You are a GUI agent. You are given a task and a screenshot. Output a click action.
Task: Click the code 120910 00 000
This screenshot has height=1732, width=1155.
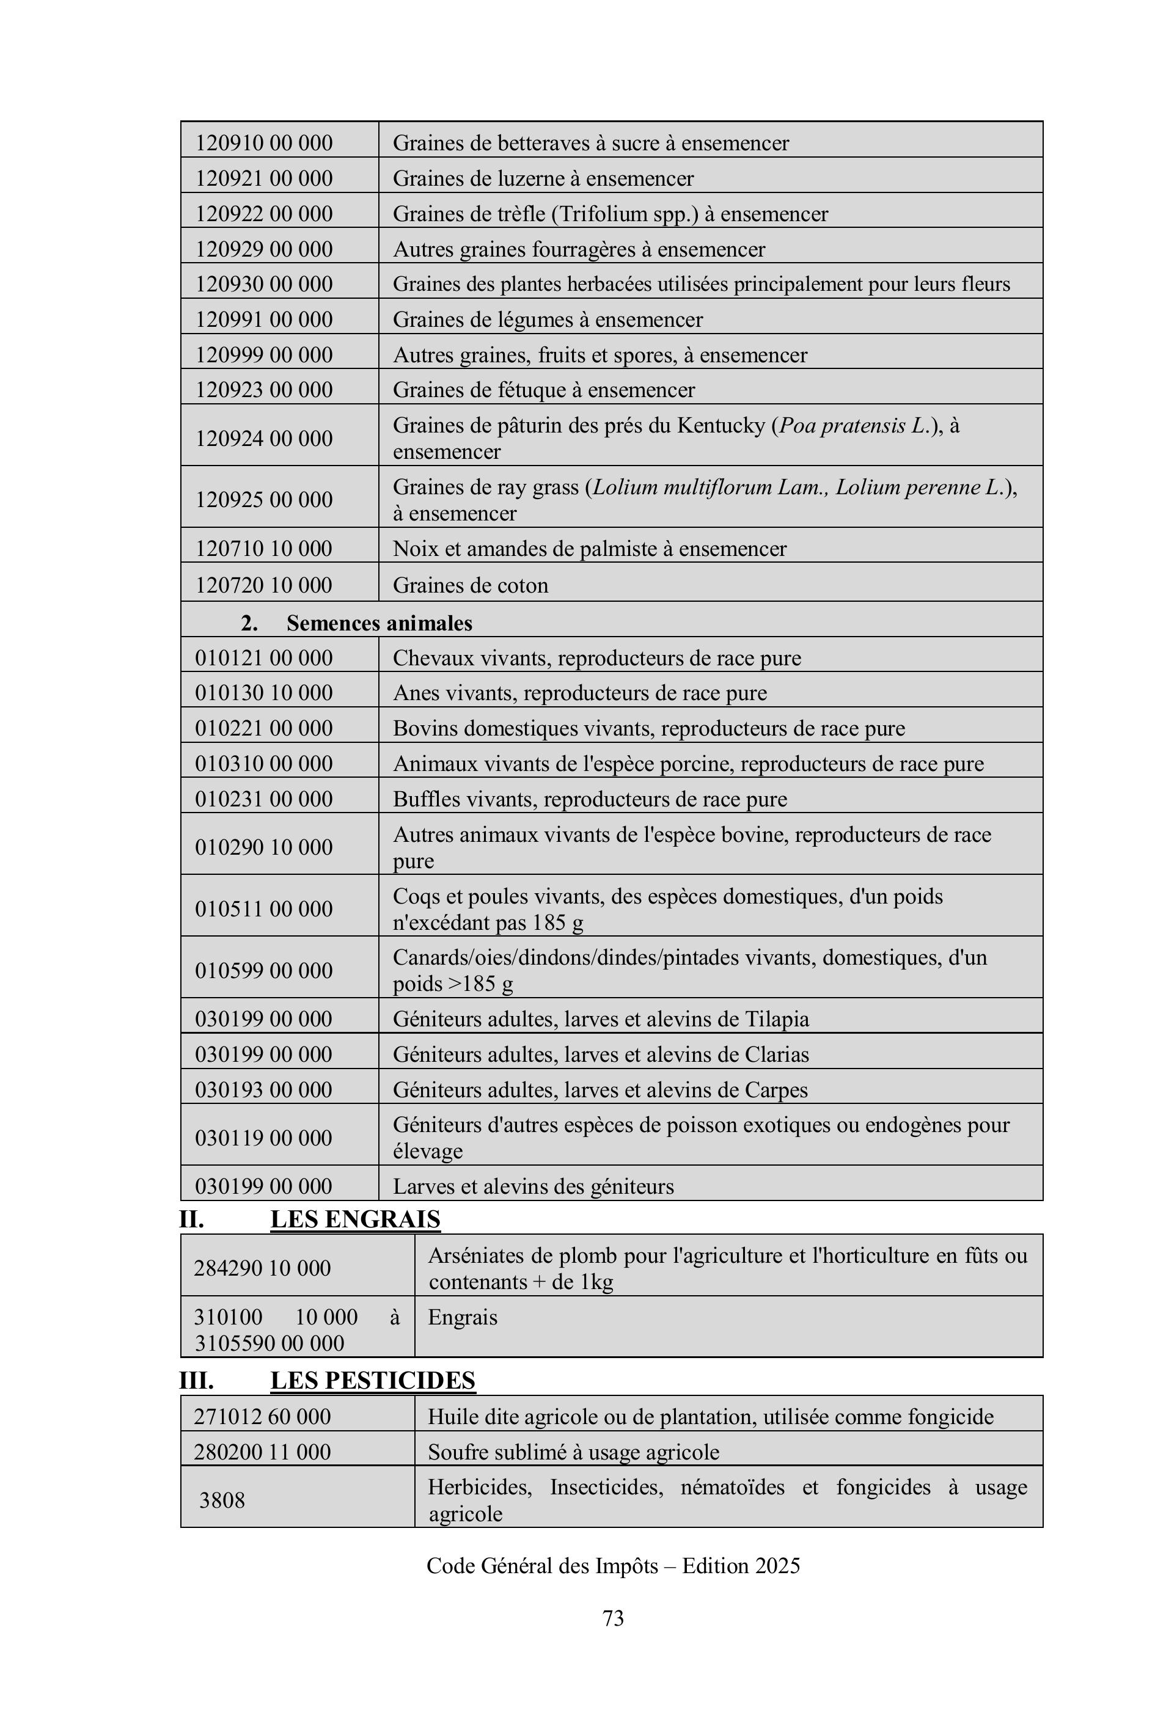(x=264, y=143)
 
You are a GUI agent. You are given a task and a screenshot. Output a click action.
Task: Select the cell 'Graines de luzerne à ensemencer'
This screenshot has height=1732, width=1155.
(x=543, y=179)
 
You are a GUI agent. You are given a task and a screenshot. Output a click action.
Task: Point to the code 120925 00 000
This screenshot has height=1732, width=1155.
(x=264, y=500)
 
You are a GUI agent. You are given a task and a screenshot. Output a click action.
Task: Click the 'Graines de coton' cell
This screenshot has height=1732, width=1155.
(x=471, y=585)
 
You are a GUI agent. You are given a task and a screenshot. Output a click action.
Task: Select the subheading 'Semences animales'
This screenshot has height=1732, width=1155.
(x=379, y=623)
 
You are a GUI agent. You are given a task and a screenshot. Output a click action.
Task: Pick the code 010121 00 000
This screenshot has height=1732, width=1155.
(x=264, y=657)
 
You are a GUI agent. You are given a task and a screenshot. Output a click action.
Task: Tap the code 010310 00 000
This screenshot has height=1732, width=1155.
(x=264, y=764)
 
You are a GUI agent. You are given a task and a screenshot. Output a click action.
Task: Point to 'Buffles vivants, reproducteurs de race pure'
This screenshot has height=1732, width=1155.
(x=589, y=799)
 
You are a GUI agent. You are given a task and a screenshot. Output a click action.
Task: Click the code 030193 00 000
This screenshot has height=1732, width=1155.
(x=264, y=1090)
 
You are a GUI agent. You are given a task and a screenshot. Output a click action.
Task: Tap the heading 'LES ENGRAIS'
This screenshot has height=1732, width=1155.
(x=355, y=1219)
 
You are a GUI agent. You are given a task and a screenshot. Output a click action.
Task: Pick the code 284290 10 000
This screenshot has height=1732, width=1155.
(x=262, y=1268)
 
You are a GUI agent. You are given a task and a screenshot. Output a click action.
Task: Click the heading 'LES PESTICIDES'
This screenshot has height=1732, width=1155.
(x=373, y=1380)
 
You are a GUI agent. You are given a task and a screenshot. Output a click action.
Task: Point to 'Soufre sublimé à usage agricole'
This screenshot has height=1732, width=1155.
(x=573, y=1452)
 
